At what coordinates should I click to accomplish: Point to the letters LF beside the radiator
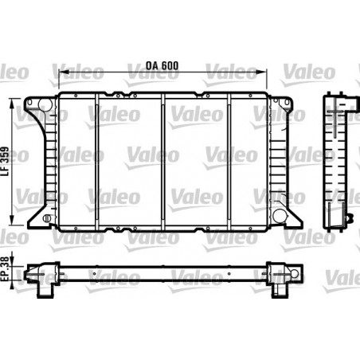[x=6, y=184]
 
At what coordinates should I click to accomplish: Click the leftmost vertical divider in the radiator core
[x=97, y=162]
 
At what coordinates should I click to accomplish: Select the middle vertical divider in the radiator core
[x=163, y=162]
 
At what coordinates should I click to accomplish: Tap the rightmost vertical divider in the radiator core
[x=229, y=162]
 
